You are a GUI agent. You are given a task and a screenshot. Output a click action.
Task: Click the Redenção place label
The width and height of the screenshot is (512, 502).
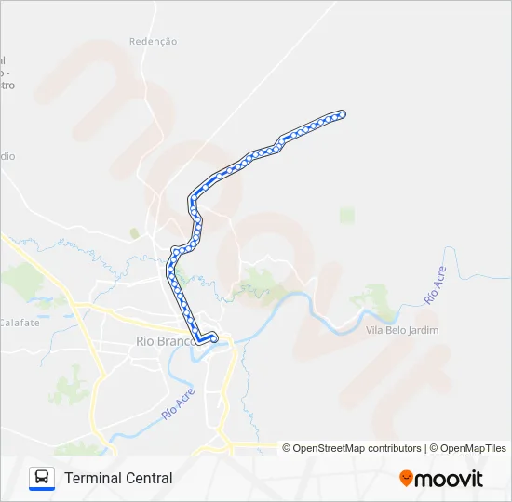click(x=153, y=42)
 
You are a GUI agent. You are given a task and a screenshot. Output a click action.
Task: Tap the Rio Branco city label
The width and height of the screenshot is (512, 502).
click(x=162, y=341)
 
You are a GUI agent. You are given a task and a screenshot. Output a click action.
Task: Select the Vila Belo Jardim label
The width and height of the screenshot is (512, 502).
click(x=402, y=330)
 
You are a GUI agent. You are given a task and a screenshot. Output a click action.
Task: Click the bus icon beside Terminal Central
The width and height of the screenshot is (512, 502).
click(x=42, y=478)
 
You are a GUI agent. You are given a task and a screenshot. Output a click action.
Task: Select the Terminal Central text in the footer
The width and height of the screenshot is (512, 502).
click(x=118, y=478)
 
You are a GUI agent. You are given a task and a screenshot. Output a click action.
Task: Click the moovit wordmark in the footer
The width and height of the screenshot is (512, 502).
click(x=450, y=479)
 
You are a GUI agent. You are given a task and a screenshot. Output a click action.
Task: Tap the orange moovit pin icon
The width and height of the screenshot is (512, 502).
click(x=406, y=478)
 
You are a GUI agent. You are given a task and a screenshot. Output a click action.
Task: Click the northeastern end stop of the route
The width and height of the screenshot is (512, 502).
click(x=343, y=113)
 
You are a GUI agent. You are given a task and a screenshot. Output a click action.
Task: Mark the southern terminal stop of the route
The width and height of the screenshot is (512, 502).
click(x=214, y=339)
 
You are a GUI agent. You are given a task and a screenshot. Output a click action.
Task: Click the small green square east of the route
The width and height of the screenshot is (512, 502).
click(x=347, y=216)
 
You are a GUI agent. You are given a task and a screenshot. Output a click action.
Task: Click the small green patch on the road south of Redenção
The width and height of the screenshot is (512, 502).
click(x=134, y=233)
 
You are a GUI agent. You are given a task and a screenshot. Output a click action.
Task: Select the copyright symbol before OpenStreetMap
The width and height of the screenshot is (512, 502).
click(x=287, y=448)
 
